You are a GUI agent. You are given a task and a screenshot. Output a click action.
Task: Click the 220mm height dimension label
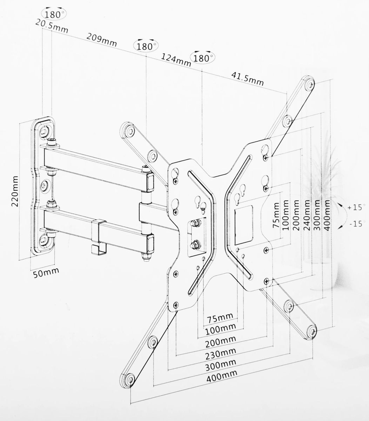(x=15, y=192)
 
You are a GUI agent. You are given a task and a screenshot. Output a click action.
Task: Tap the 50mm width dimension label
(x=46, y=273)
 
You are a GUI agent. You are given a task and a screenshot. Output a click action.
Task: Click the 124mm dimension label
(x=176, y=60)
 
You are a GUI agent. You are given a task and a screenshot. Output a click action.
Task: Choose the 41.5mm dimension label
(x=247, y=79)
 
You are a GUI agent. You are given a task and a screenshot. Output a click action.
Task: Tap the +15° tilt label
(x=356, y=207)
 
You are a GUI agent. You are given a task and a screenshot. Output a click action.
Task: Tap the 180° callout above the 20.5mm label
(x=54, y=14)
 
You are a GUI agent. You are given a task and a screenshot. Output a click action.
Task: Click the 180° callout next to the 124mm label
(x=203, y=57)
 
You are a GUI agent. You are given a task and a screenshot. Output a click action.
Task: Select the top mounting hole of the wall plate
(x=44, y=132)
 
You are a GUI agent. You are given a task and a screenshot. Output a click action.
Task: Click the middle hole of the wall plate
(x=44, y=185)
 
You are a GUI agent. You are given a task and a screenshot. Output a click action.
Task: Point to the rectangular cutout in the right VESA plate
(x=243, y=225)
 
